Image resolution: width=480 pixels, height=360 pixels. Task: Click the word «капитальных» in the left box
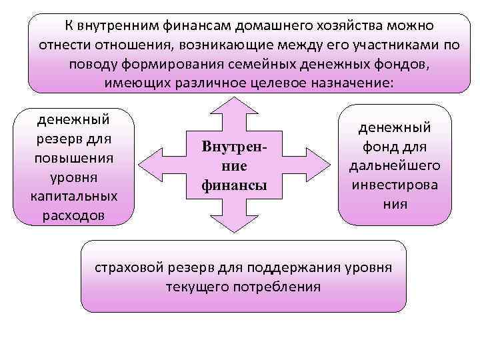tap(74, 197)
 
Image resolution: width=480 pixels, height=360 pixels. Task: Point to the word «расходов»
tap(74, 216)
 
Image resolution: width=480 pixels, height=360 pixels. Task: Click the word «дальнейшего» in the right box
tap(395, 165)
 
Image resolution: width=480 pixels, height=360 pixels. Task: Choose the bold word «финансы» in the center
tap(234, 185)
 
